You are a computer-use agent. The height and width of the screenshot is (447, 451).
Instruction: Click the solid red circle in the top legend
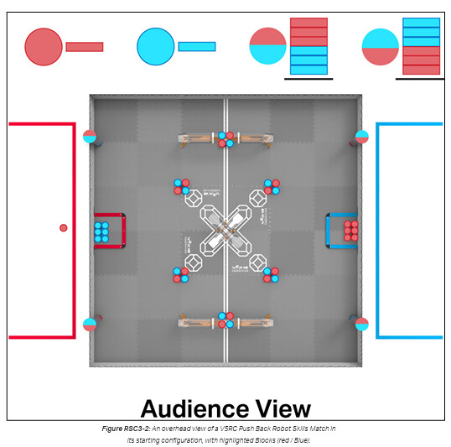pyautogui.click(x=44, y=47)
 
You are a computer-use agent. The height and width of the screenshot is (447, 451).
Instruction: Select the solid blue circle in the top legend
pyautogui.click(x=156, y=46)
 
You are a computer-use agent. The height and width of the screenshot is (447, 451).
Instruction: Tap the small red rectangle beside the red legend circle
pyautogui.click(x=85, y=47)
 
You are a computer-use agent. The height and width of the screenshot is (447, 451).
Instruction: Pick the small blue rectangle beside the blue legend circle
pyautogui.click(x=197, y=47)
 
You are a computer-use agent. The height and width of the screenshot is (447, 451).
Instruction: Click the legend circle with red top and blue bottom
pyautogui.click(x=267, y=46)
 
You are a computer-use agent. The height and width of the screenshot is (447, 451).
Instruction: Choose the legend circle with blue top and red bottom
pyautogui.click(x=381, y=47)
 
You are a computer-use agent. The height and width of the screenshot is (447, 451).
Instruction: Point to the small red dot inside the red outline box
pyautogui.click(x=64, y=228)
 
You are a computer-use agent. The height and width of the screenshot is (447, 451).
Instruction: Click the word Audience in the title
pyautogui.click(x=194, y=408)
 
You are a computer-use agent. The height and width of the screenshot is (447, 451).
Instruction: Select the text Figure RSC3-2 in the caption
pyautogui.click(x=126, y=429)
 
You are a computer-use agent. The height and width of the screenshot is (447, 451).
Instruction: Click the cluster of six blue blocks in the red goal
pyautogui.click(x=101, y=232)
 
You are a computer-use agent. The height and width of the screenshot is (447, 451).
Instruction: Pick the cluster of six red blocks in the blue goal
pyautogui.click(x=351, y=231)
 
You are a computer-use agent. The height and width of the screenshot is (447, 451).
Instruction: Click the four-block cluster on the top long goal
pyautogui.click(x=225, y=139)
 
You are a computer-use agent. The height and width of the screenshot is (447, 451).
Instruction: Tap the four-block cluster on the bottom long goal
pyautogui.click(x=225, y=320)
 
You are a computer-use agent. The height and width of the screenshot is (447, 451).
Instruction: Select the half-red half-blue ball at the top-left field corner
pyautogui.click(x=90, y=137)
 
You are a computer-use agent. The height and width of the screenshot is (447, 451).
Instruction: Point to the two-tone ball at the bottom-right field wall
pyautogui.click(x=362, y=325)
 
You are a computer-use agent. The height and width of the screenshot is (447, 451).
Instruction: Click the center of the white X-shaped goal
pyautogui.click(x=225, y=231)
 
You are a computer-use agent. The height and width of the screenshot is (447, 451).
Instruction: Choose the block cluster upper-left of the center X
pyautogui.click(x=182, y=186)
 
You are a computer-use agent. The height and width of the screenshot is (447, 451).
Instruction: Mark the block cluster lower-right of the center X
pyautogui.click(x=271, y=275)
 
